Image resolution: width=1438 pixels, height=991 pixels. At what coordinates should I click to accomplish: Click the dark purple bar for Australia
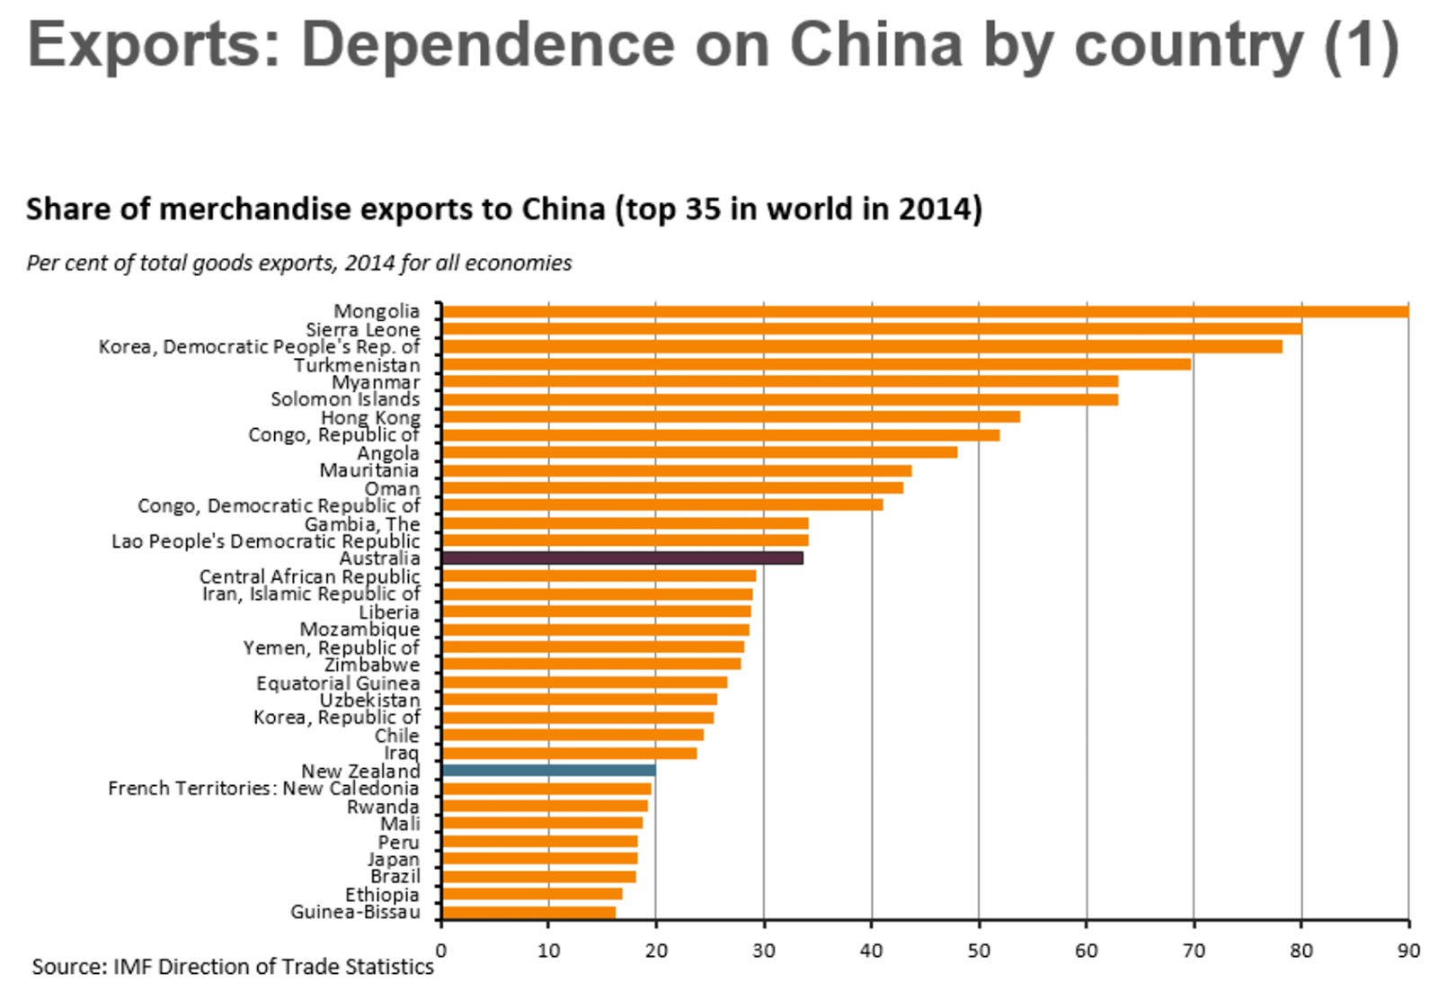pyautogui.click(x=622, y=558)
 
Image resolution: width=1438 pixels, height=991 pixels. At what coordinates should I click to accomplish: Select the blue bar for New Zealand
pyautogui.click(x=548, y=771)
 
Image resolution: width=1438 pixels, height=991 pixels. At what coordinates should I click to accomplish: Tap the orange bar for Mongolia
pyautogui.click(x=926, y=311)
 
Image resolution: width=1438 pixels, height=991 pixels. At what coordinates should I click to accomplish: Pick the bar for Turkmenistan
pyautogui.click(x=816, y=364)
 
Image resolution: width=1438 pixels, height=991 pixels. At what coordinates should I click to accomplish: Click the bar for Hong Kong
pyautogui.click(x=731, y=417)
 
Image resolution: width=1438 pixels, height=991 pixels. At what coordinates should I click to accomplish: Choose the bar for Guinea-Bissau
pyautogui.click(x=528, y=913)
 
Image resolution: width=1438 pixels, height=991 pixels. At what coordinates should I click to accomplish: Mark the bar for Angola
pyautogui.click(x=699, y=452)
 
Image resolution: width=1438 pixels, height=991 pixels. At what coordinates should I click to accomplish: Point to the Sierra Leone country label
pyautogui.click(x=362, y=330)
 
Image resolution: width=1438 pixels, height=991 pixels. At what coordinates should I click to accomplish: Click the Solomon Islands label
pyautogui.click(x=345, y=399)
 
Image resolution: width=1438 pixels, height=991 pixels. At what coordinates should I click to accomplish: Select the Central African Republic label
pyautogui.click(x=309, y=576)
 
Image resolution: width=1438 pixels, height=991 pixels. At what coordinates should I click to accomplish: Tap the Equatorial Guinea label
pyautogui.click(x=338, y=683)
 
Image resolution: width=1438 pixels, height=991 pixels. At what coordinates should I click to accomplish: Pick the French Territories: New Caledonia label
pyautogui.click(x=263, y=789)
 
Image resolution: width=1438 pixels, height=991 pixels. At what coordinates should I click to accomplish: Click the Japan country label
pyautogui.click(x=394, y=860)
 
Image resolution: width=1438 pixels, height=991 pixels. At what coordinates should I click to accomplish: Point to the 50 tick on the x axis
pyautogui.click(x=979, y=951)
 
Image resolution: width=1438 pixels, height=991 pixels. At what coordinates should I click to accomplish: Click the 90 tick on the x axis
pyautogui.click(x=1408, y=951)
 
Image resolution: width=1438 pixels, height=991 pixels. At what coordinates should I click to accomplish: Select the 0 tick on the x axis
pyautogui.click(x=440, y=951)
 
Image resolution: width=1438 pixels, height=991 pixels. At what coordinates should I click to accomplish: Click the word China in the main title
pyautogui.click(x=875, y=45)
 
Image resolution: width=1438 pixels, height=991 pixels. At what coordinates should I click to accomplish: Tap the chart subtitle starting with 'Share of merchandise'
pyautogui.click(x=503, y=209)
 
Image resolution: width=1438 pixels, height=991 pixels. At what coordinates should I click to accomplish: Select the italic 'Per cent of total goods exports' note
pyautogui.click(x=298, y=263)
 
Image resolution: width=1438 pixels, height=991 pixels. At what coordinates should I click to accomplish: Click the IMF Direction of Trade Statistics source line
pyautogui.click(x=233, y=967)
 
